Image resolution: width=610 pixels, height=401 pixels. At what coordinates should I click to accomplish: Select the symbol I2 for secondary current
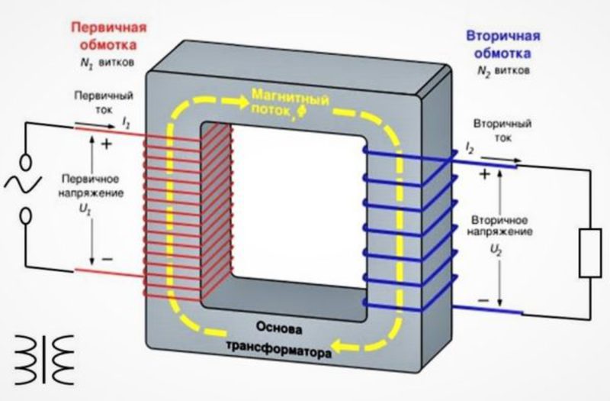click(470, 147)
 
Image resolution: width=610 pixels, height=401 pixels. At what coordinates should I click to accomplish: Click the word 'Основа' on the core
click(273, 331)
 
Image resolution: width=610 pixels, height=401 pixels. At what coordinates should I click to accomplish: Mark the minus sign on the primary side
click(107, 259)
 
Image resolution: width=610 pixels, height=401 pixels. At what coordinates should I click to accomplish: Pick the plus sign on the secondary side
click(483, 174)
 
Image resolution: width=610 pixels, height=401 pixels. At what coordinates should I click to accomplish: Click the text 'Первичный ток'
click(104, 103)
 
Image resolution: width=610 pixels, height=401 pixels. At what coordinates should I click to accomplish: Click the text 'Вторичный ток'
click(502, 131)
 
